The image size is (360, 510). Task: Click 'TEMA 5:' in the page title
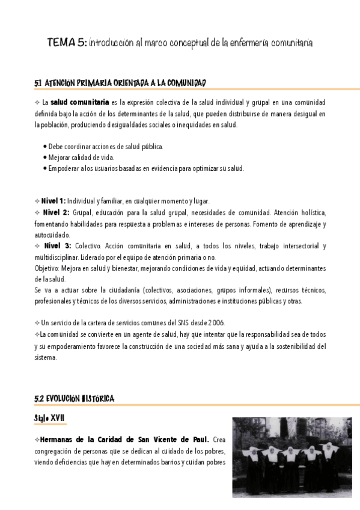67,43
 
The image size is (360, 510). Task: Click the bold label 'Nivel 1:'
53,201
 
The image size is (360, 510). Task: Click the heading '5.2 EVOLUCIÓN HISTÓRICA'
75,399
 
